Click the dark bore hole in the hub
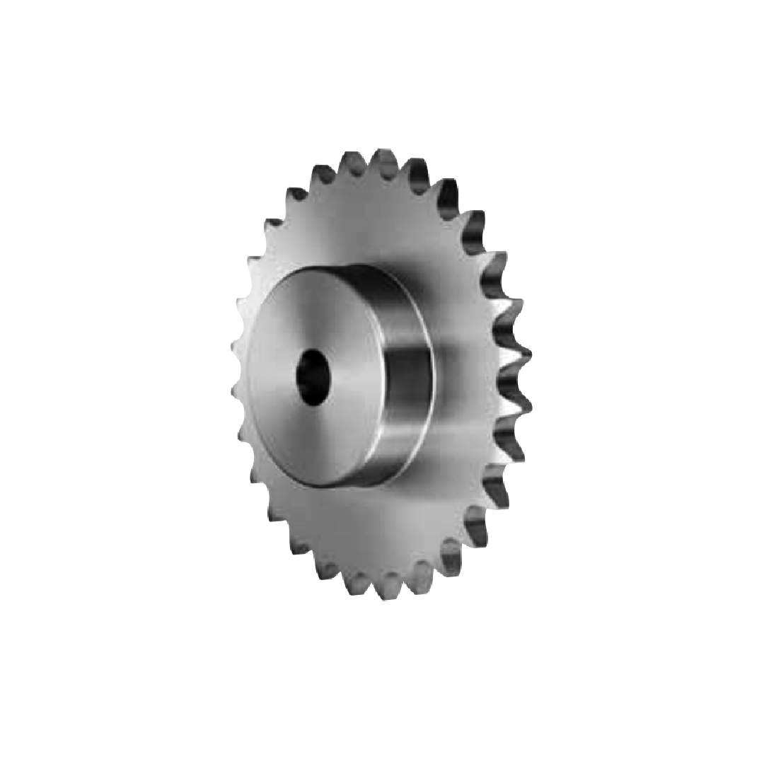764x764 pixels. point(313,378)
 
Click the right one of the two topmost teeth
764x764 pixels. point(386,160)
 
